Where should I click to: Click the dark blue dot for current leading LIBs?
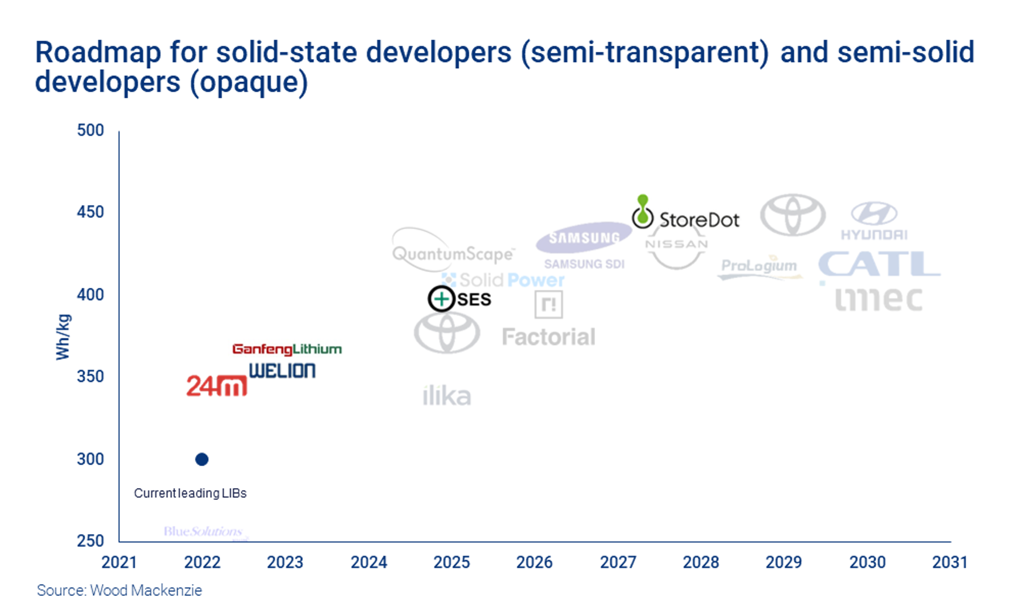point(202,459)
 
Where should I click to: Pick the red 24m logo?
point(216,386)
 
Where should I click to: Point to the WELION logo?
point(282,371)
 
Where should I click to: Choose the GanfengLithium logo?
point(287,349)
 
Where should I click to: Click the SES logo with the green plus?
point(459,299)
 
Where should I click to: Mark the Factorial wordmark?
point(548,337)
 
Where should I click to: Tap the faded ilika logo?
point(447,396)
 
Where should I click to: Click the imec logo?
point(878,299)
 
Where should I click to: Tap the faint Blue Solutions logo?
point(203,532)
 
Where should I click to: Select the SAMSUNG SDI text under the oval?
point(584,264)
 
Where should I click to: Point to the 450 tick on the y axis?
point(90,212)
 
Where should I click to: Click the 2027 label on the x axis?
point(618,562)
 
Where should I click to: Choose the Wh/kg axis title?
point(63,337)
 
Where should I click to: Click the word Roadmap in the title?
point(98,53)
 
